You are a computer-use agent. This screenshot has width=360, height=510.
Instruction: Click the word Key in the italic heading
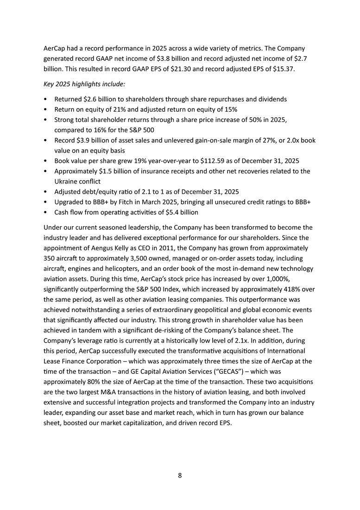point(50,85)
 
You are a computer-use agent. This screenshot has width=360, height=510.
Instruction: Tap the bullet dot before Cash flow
point(45,212)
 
